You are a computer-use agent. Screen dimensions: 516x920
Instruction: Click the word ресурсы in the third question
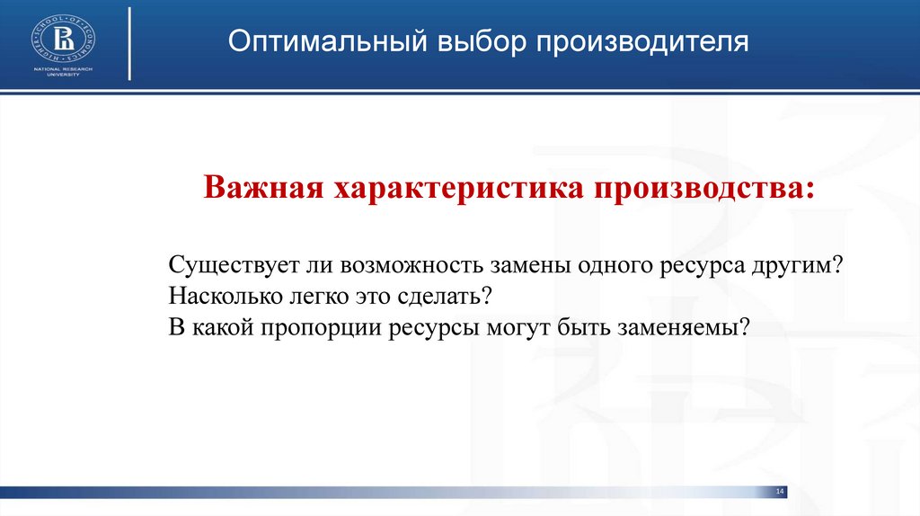point(437,325)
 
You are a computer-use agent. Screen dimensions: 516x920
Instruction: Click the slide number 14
point(779,491)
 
